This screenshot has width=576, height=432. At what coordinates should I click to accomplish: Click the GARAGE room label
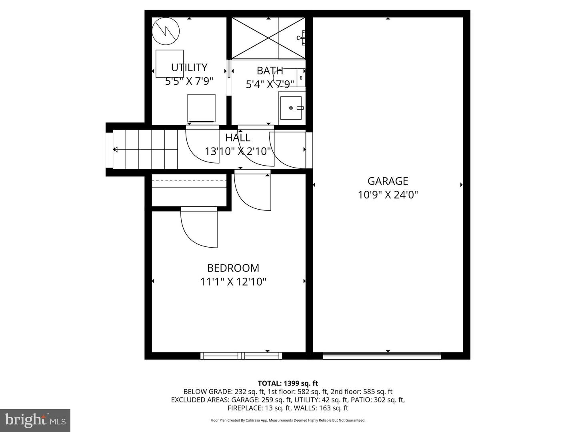pos(388,181)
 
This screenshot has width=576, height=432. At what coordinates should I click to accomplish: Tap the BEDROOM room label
pos(233,268)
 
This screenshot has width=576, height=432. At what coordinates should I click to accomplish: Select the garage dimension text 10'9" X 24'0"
pos(388,195)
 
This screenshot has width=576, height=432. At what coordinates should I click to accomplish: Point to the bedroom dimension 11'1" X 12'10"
pos(233,282)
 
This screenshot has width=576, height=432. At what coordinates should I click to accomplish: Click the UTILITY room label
pos(189,67)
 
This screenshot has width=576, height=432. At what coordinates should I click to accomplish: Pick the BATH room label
pos(270,71)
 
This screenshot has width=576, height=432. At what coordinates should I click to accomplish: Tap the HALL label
pos(238,138)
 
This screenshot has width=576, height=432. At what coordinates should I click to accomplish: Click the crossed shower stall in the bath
pos(268,38)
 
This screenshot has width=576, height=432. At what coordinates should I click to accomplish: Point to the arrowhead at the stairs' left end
pos(116,150)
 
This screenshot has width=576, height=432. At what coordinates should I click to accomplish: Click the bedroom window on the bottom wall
pos(241,356)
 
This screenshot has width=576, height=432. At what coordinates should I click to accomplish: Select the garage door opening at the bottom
pos(382,356)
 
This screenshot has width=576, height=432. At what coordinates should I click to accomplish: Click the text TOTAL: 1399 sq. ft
pos(288,383)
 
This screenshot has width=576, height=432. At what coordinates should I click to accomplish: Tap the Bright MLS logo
pos(35,420)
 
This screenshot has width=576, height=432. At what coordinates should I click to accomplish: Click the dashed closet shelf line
pos(189,181)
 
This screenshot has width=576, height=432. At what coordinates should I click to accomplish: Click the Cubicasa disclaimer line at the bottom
pos(288,420)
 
